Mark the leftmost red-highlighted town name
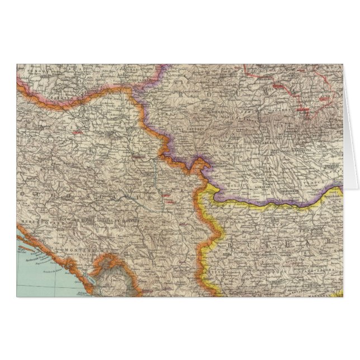coord(78,132)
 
